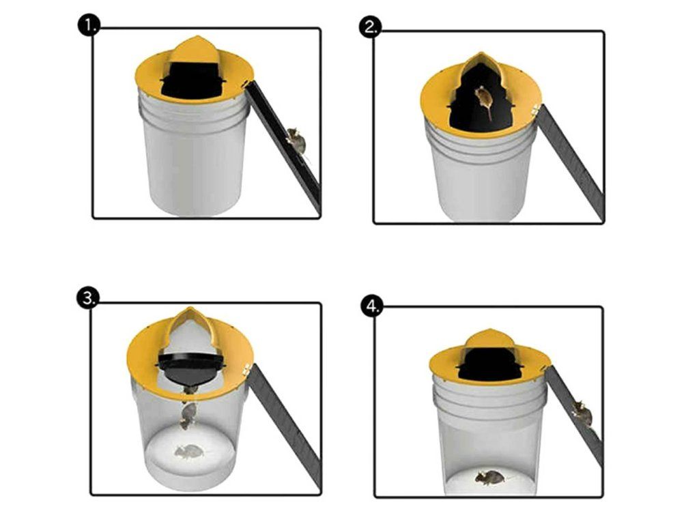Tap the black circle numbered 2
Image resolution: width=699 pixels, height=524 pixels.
[x=371, y=27]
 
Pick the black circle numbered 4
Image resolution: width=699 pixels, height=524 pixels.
[x=371, y=307]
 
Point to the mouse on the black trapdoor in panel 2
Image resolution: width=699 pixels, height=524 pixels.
[x=483, y=101]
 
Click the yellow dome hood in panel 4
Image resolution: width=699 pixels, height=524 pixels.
[x=490, y=343]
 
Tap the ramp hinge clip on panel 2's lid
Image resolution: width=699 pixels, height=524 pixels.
[x=535, y=108]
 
